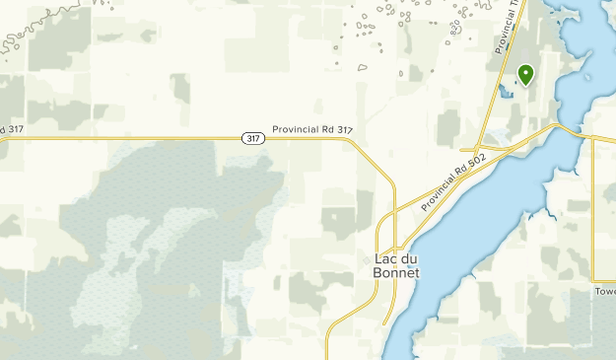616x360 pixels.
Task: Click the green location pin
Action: (525, 74)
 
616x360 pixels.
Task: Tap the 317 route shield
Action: (252, 139)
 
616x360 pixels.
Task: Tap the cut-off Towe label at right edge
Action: (604, 292)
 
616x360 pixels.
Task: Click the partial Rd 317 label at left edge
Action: (11, 129)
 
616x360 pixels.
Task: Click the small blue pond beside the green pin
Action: (507, 93)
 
